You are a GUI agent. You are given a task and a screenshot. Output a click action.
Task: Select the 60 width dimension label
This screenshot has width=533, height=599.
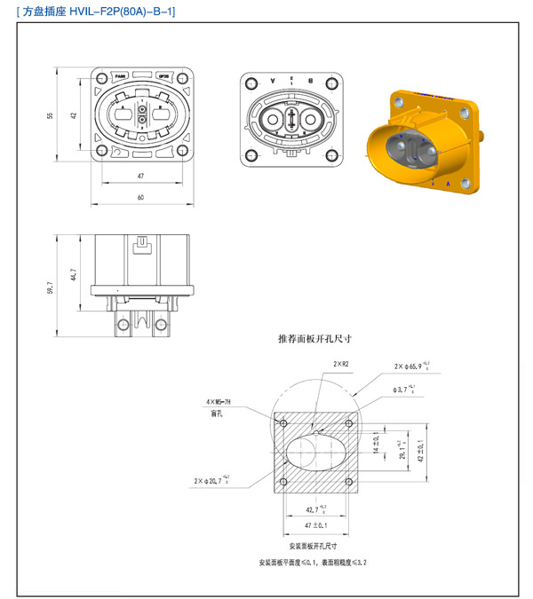tap(140, 196)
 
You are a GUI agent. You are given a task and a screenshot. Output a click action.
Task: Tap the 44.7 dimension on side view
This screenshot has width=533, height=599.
tap(75, 274)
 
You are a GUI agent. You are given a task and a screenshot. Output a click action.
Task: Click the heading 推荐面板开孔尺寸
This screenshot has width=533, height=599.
tap(314, 338)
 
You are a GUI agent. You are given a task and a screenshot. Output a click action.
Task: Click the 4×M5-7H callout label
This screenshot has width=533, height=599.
tap(221, 401)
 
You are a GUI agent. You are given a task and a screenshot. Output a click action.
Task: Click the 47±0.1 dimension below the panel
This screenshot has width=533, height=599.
tap(312, 526)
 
